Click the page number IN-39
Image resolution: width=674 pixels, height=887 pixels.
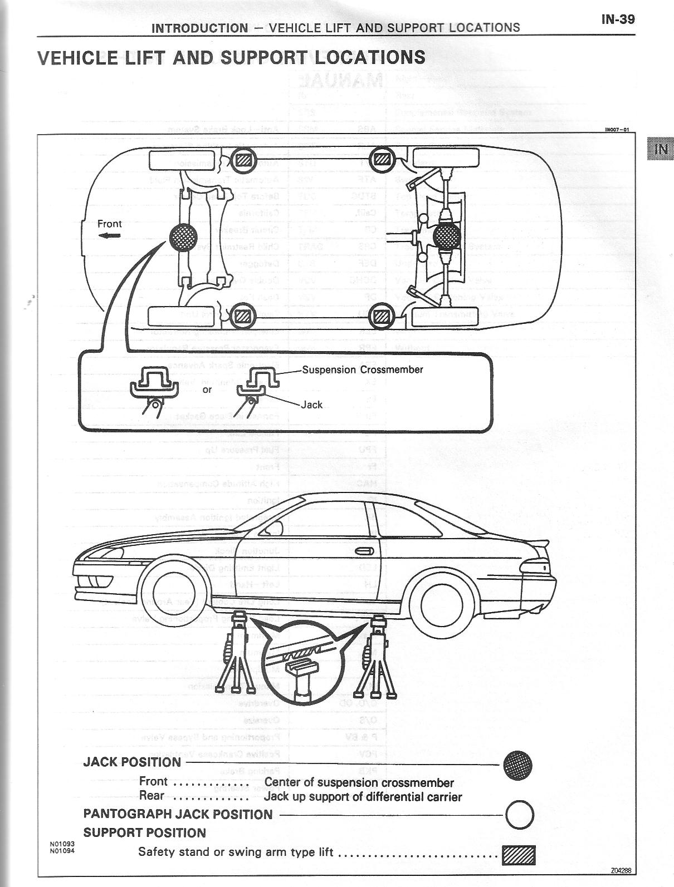coord(618,19)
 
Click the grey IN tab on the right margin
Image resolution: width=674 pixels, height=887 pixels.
coord(661,149)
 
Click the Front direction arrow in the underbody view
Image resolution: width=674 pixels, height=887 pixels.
coord(110,235)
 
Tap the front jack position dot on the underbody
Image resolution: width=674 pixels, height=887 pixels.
coord(183,237)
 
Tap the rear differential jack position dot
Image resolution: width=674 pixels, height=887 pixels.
coord(447,236)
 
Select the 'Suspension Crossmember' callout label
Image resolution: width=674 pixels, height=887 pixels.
coord(363,369)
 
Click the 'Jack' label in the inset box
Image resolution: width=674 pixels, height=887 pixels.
coord(311,405)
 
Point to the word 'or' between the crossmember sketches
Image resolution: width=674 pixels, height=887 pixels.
coord(207,390)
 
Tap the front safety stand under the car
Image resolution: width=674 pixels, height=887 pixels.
coord(236,659)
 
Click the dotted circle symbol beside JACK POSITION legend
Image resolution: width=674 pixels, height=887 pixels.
coord(517,765)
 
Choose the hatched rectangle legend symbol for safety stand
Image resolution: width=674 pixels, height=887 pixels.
coord(518,854)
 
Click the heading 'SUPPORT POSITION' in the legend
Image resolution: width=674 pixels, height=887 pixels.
coord(144,833)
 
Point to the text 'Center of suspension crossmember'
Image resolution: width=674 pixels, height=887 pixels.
coord(359,782)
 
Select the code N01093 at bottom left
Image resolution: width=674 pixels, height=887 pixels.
coord(62,844)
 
